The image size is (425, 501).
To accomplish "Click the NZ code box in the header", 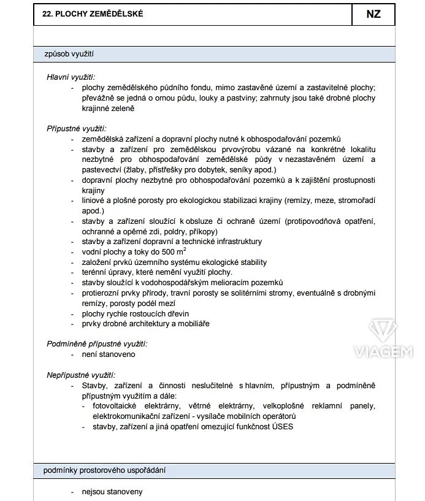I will tap(373, 14).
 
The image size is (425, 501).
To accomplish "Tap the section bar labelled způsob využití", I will tap(213, 54).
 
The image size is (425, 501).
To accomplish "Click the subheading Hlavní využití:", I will tap(71, 77).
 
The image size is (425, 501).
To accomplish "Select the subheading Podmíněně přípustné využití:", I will tap(97, 344).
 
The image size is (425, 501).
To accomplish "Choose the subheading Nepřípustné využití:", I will tap(81, 375).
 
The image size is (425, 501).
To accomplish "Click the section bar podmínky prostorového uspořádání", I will tap(213, 471).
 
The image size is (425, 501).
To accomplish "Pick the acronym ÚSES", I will tap(281, 426).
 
